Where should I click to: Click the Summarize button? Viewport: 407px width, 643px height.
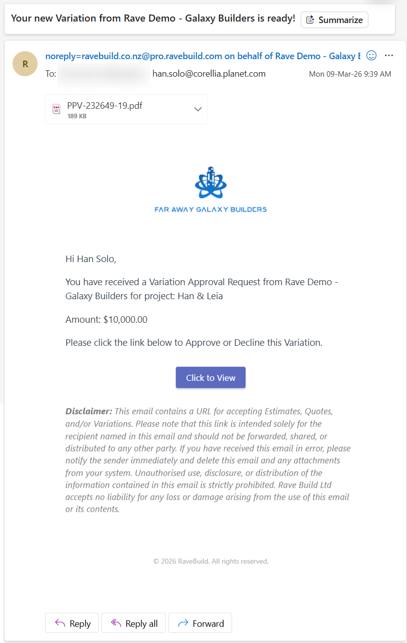pos(334,20)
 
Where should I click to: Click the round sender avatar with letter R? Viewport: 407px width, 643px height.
pos(25,64)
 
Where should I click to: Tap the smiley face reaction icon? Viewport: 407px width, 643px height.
pos(371,56)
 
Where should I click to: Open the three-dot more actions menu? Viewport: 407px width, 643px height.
pos(389,56)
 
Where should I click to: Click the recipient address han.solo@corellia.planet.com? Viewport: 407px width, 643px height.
pos(209,74)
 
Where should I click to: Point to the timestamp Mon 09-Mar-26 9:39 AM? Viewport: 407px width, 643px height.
pos(350,74)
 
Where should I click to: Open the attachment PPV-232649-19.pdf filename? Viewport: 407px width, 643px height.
pos(105,105)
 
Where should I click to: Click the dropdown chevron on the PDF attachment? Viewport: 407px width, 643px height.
pos(198,109)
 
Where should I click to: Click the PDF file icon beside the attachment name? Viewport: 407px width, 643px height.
pos(57,109)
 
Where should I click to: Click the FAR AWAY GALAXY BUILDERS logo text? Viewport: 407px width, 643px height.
pos(211,209)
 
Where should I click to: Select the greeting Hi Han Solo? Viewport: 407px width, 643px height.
pos(91,259)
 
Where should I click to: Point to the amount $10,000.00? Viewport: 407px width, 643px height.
pos(125,319)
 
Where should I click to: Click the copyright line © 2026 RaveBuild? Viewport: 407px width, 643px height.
pos(211,561)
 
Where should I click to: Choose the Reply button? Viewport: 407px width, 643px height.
pos(73,623)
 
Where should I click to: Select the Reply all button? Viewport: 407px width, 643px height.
pos(134,623)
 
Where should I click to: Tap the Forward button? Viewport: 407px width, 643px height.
pos(200,623)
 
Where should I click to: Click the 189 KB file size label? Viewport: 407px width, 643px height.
pos(77,116)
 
